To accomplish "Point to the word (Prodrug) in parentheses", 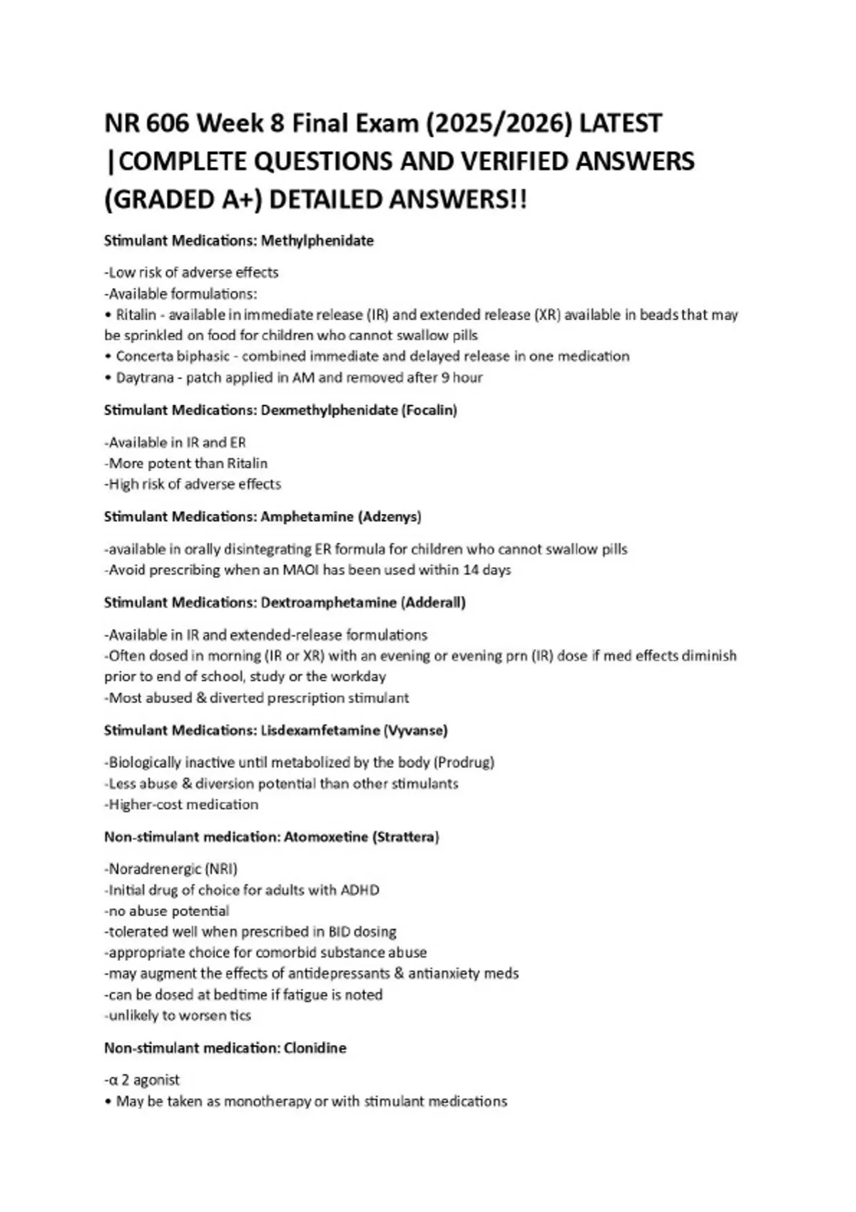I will coord(464,763).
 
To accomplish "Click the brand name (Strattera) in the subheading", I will coord(405,837).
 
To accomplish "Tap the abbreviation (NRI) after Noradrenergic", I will coord(221,869).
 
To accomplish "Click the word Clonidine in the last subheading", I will coord(315,1049).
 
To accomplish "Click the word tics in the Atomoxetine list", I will coord(240,1016).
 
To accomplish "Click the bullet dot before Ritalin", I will coord(108,315).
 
